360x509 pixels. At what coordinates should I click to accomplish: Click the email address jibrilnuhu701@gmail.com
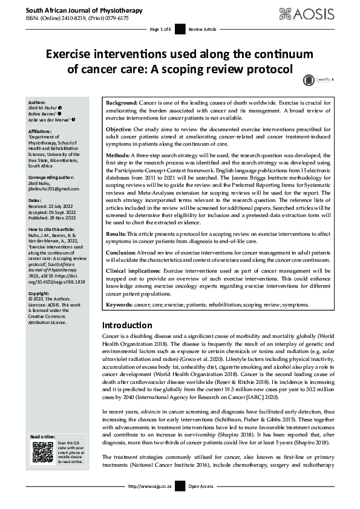point(54,190)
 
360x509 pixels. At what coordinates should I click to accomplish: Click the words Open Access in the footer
point(202,503)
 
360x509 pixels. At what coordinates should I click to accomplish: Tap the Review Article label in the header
point(201,29)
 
